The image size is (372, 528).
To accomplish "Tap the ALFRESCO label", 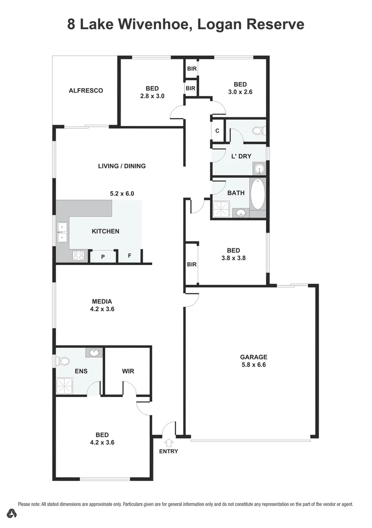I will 86,90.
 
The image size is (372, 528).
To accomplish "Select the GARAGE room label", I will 253,357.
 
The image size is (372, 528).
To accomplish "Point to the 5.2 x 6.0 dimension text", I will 122,194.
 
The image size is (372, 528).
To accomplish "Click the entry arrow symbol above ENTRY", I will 169,442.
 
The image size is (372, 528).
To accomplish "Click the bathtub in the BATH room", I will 258,194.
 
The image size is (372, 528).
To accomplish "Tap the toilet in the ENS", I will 62,361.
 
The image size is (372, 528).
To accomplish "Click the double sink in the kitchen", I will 62,232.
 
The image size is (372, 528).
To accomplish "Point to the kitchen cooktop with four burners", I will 78,255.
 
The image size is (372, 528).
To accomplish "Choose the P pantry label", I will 103,256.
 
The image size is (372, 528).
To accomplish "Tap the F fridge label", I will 130,256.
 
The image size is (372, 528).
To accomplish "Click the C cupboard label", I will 217,131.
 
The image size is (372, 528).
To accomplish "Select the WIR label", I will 128,371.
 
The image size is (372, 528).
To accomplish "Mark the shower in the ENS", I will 65,386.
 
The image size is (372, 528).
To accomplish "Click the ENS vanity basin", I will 93,352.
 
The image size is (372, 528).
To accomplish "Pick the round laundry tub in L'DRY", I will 259,169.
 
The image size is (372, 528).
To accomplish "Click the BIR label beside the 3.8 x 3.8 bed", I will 192,264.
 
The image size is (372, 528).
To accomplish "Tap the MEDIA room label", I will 102,301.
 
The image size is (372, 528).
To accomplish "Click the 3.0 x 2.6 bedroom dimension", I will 240,91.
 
